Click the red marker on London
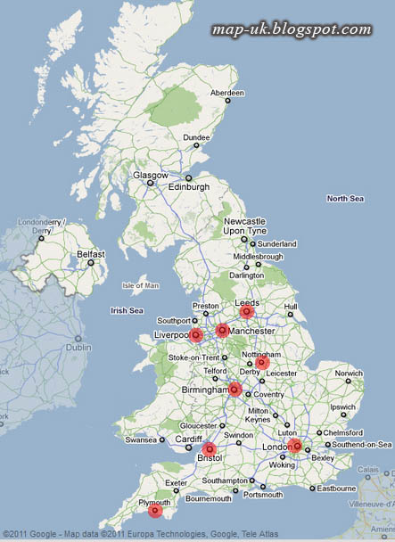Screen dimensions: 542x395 (295, 446)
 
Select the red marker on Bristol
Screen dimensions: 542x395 (210, 448)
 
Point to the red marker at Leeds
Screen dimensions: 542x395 (247, 312)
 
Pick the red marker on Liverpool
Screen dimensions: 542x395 (196, 334)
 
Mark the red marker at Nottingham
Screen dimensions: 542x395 (262, 362)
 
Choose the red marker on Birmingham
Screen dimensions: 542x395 (235, 389)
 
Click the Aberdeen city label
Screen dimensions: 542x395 (226, 93)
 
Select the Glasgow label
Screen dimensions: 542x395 (151, 176)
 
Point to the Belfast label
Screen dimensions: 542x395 (91, 254)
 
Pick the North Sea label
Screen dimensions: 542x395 (344, 198)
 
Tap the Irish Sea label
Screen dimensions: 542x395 (126, 310)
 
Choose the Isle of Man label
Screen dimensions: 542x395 (140, 285)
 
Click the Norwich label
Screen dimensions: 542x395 (349, 374)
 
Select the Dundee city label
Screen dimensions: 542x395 (196, 137)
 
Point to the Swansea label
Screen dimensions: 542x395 (140, 439)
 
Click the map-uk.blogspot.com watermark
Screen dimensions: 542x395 (292, 29)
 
